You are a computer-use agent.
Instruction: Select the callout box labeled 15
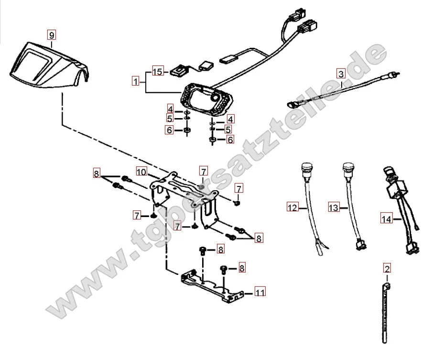click(x=158, y=72)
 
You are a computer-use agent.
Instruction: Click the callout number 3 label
click(x=340, y=74)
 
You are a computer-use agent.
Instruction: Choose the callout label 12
click(x=292, y=207)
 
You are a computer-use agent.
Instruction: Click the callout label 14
click(x=387, y=219)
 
